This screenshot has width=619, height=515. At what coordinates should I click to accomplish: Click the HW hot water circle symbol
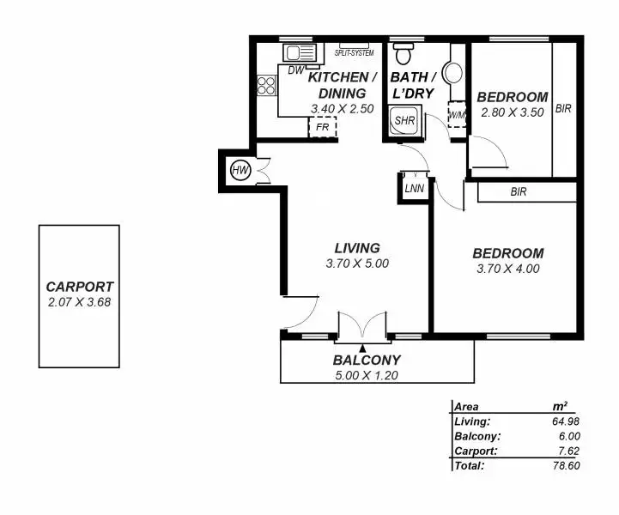coord(240,172)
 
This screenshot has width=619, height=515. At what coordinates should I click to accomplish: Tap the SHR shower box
coord(404,121)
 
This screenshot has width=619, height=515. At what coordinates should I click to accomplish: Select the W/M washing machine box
coord(456,115)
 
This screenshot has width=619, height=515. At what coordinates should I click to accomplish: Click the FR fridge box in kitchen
coord(323,127)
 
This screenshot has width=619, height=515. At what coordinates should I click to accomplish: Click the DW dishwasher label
coord(294,70)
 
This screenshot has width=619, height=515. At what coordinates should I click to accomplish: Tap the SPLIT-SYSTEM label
coord(354,52)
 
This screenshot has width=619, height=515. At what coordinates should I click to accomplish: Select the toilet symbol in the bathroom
coord(401,55)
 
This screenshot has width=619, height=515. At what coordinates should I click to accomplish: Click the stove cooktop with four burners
coord(266,85)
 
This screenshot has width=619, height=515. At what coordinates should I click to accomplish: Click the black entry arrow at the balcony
coord(364,348)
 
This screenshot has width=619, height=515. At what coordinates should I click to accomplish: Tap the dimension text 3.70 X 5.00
coord(357,264)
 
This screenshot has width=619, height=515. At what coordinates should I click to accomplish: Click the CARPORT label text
coord(80,287)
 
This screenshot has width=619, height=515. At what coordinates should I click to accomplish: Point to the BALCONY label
coord(367,360)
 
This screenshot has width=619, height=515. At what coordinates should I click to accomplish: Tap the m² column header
coord(560,407)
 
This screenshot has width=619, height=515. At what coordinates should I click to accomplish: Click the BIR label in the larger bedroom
coord(518,192)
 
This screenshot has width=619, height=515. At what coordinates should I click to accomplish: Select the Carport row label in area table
coord(472,451)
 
